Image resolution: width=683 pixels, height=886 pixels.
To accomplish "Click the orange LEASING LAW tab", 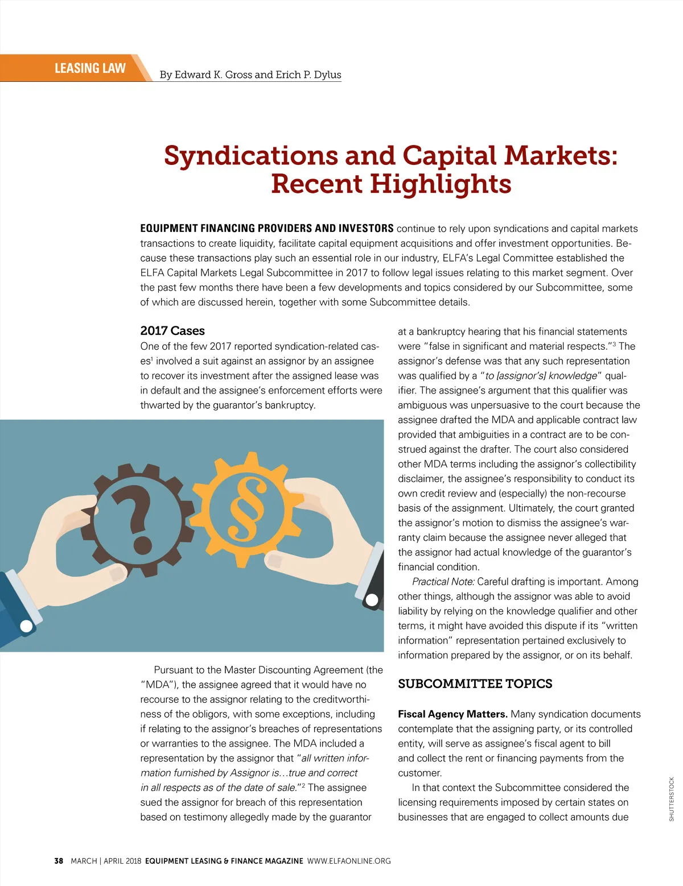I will point(90,68).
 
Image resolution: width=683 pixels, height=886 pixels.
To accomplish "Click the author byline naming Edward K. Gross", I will point(250,74).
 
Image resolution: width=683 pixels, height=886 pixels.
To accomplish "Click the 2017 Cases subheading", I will point(172,331).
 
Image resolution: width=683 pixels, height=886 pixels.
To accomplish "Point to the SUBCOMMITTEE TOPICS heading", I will point(475,684).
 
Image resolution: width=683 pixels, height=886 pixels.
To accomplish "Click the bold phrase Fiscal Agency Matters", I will point(452,714).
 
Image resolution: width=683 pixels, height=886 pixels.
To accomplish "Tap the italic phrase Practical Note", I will point(443,582).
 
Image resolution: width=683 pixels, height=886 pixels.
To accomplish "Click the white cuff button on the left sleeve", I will point(26,626).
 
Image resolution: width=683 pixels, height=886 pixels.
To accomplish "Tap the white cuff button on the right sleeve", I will point(372,599).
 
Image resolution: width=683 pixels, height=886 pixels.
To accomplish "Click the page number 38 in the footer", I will point(59,861).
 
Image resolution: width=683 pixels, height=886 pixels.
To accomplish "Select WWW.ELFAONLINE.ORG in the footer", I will point(349,861).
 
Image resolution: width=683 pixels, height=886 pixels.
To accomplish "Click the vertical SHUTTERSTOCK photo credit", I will point(672,799).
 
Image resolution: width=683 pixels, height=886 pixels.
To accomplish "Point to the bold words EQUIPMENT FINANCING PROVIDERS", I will point(233,229).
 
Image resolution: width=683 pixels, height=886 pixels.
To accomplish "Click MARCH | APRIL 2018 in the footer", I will point(106,861).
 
